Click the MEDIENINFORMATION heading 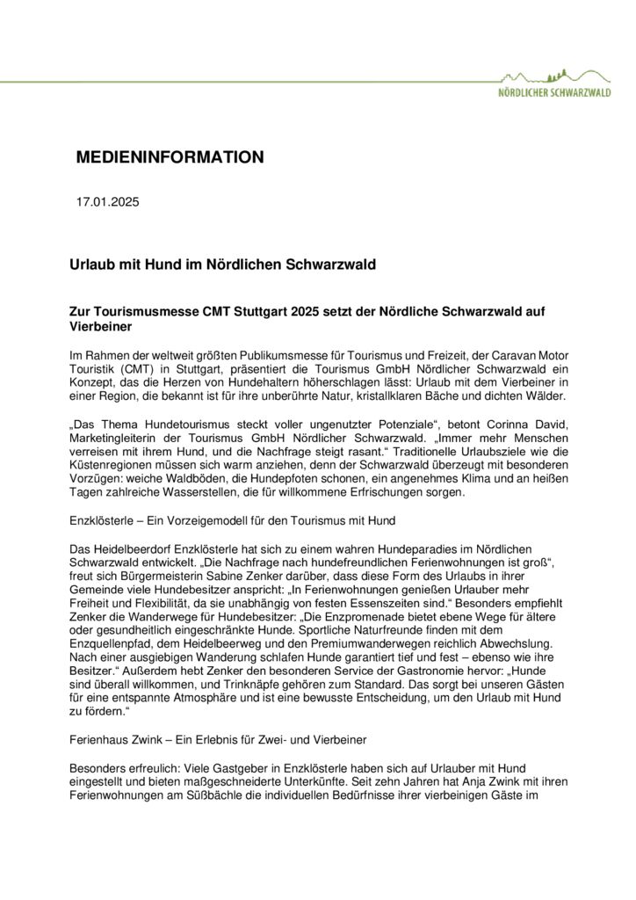tap(170, 157)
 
